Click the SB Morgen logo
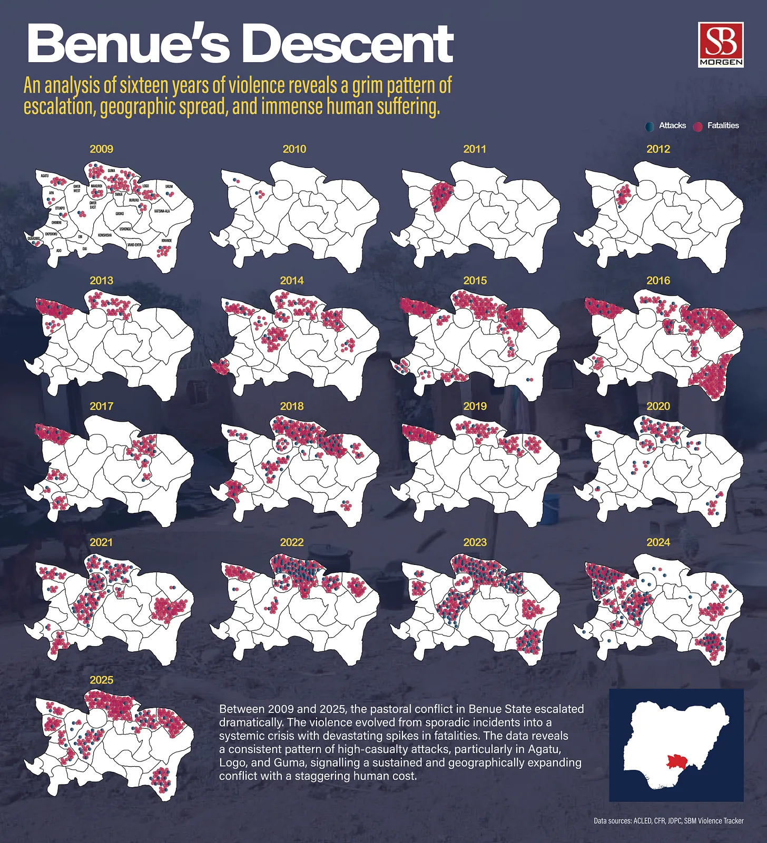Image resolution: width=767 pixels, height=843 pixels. [720, 44]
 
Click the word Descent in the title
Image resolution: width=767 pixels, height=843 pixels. [347, 44]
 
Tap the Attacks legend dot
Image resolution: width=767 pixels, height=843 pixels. [650, 126]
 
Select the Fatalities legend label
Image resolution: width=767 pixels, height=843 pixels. [723, 125]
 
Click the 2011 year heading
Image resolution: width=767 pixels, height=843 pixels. [475, 149]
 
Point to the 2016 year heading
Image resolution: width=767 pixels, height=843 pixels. [658, 281]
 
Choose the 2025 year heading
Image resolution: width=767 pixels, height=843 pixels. [101, 680]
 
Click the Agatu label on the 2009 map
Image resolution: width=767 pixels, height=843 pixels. [45, 176]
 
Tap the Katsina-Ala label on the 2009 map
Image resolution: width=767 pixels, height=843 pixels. [162, 211]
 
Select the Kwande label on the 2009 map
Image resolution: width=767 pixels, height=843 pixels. [166, 241]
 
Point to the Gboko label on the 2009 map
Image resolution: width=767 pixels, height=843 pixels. [120, 214]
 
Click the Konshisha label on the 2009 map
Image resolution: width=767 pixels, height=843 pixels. [105, 235]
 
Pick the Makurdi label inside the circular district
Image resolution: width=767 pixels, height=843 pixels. [96, 186]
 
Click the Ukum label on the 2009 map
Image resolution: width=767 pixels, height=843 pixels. [169, 186]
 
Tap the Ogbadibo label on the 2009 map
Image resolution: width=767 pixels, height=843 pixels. [33, 239]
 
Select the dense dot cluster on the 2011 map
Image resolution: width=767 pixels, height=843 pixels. [440, 196]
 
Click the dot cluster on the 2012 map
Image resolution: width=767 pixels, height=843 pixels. [623, 195]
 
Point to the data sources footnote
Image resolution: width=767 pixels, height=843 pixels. [668, 820]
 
